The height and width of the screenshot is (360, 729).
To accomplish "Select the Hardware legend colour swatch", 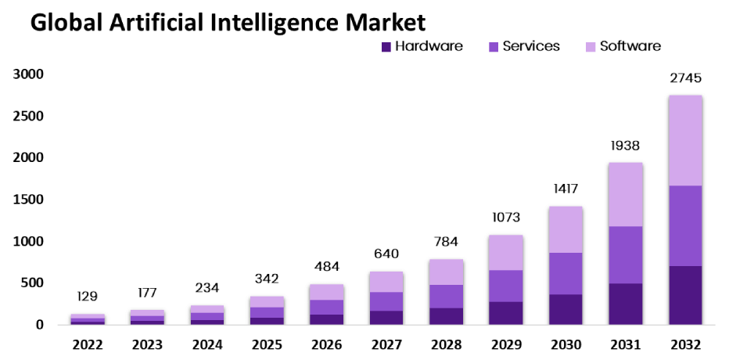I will tap(386, 47).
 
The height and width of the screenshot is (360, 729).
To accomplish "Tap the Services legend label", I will tap(531, 46).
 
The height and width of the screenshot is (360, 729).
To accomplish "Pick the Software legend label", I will tap(630, 46).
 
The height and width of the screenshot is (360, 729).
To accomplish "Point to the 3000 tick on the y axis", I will tap(27, 74).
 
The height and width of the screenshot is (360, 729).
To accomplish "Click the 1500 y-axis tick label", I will tap(27, 200).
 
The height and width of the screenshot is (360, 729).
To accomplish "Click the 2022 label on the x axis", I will tap(88, 344).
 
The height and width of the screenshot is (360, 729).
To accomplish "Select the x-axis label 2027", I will tap(386, 344).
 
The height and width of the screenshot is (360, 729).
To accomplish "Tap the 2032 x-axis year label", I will tap(685, 344).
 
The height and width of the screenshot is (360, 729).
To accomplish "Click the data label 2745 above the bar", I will tap(685, 78).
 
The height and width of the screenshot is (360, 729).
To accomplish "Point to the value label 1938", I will tap(625, 146).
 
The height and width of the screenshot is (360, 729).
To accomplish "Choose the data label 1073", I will tap(506, 217).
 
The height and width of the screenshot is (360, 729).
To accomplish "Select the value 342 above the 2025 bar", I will tap(267, 279).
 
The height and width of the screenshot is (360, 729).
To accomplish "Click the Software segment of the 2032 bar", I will tap(685, 141).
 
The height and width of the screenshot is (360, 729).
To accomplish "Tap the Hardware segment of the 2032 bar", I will tap(685, 295).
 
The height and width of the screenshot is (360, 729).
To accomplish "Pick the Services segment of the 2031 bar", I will tap(625, 255).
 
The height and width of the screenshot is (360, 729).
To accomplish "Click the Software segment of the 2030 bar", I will tap(566, 229).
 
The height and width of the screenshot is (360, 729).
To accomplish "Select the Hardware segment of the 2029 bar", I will tap(506, 313).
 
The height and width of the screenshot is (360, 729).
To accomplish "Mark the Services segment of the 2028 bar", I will tap(446, 297).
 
